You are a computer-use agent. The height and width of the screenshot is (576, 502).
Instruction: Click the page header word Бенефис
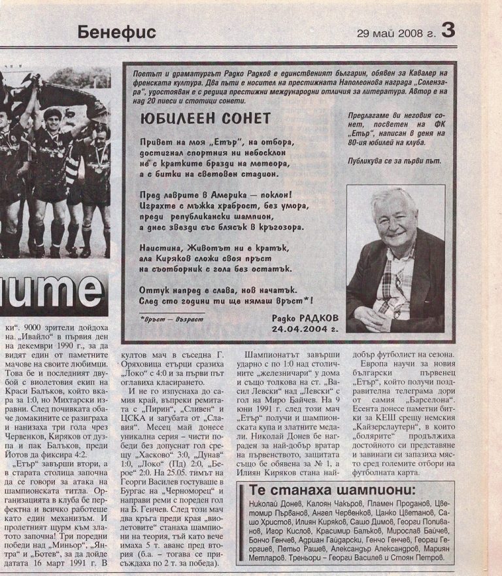coord(116,31)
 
